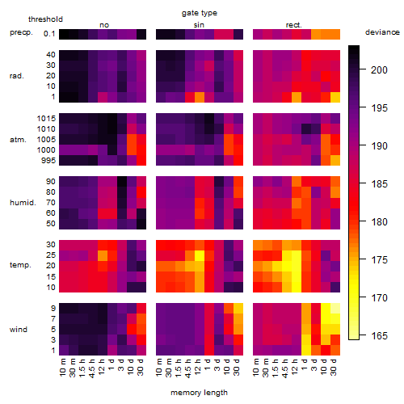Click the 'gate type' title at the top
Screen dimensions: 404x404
(200, 13)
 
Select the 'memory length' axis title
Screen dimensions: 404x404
(199, 393)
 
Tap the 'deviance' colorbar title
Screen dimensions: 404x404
(382, 32)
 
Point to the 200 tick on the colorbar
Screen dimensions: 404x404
(363, 69)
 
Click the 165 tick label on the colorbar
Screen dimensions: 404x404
(379, 336)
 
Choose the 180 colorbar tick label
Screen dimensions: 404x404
(379, 222)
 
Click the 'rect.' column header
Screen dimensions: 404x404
(294, 25)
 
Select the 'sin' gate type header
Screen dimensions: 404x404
(199, 25)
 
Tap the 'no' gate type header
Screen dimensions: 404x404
(104, 25)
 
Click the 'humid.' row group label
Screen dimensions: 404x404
(23, 203)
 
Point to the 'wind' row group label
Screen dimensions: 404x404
(19, 330)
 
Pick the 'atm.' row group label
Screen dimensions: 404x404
(18, 140)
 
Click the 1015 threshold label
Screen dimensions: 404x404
(46, 119)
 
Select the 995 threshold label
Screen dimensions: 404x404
(48, 161)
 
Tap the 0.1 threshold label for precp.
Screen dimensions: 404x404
(49, 34)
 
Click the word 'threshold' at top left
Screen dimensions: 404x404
(45, 19)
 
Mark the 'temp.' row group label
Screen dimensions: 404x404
(20, 265)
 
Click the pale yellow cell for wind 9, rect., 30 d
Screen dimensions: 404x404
(335, 309)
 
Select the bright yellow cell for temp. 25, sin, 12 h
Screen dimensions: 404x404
(200, 256)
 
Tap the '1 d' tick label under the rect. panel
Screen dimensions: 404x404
(305, 365)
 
